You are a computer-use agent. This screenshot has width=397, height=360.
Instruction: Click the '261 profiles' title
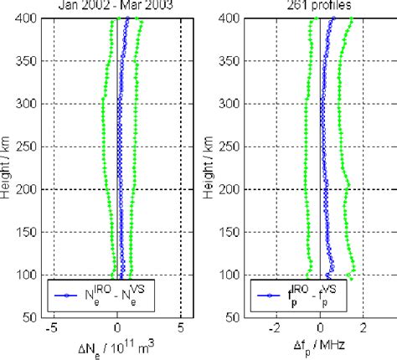[322, 5]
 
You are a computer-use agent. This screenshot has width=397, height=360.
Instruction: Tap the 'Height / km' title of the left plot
[9, 167]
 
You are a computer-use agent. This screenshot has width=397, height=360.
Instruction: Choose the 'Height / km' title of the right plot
[214, 167]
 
